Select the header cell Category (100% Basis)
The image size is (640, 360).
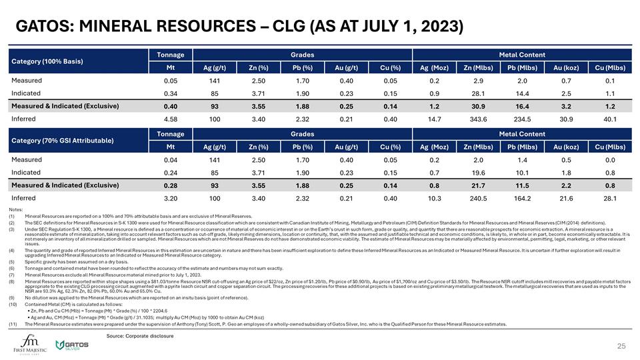click(x=45, y=61)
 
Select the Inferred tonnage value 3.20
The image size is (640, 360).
click(x=171, y=197)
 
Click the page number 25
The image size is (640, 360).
click(x=621, y=345)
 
